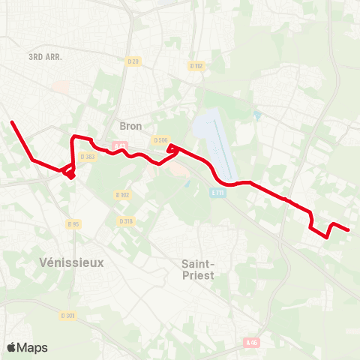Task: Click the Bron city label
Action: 130,126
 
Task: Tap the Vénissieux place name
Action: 70,262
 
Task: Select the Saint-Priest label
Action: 199,269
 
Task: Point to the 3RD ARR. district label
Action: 45,57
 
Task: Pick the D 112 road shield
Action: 196,66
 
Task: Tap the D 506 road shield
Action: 160,140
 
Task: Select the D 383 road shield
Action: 88,156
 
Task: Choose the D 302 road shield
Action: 123,195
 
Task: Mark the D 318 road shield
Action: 126,220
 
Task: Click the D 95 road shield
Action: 73,224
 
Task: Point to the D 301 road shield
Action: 67,315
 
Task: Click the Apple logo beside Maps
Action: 12,347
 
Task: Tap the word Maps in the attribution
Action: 33,347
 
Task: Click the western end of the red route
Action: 11,122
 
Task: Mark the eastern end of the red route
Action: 349,230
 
